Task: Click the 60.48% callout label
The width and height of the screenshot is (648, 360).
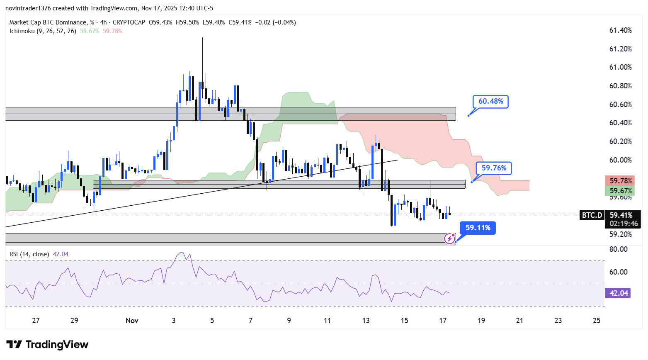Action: coord(490,101)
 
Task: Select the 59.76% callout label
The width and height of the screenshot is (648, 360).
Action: coord(493,168)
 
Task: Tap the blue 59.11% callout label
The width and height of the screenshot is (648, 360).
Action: coord(478,228)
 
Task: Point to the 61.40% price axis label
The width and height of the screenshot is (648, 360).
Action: coord(620,30)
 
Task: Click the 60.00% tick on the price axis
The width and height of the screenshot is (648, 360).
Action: coord(620,160)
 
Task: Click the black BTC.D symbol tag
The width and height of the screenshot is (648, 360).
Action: coord(592,215)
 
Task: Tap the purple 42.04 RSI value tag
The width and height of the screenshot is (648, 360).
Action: coord(618,293)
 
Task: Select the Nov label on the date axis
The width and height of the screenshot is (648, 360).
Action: coord(132,320)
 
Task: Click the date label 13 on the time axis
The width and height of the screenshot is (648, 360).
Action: coord(366,320)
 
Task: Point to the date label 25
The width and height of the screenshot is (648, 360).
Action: coord(597,320)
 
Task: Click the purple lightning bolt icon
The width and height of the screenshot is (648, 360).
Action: coord(449,238)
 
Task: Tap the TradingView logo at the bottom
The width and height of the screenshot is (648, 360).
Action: coord(48,345)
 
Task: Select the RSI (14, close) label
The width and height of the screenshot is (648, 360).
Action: coord(29,254)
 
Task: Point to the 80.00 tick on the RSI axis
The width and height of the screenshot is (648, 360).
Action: coord(618,249)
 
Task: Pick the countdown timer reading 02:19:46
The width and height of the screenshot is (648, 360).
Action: coord(624,224)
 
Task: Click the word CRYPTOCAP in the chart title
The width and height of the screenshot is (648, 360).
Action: coord(129,22)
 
